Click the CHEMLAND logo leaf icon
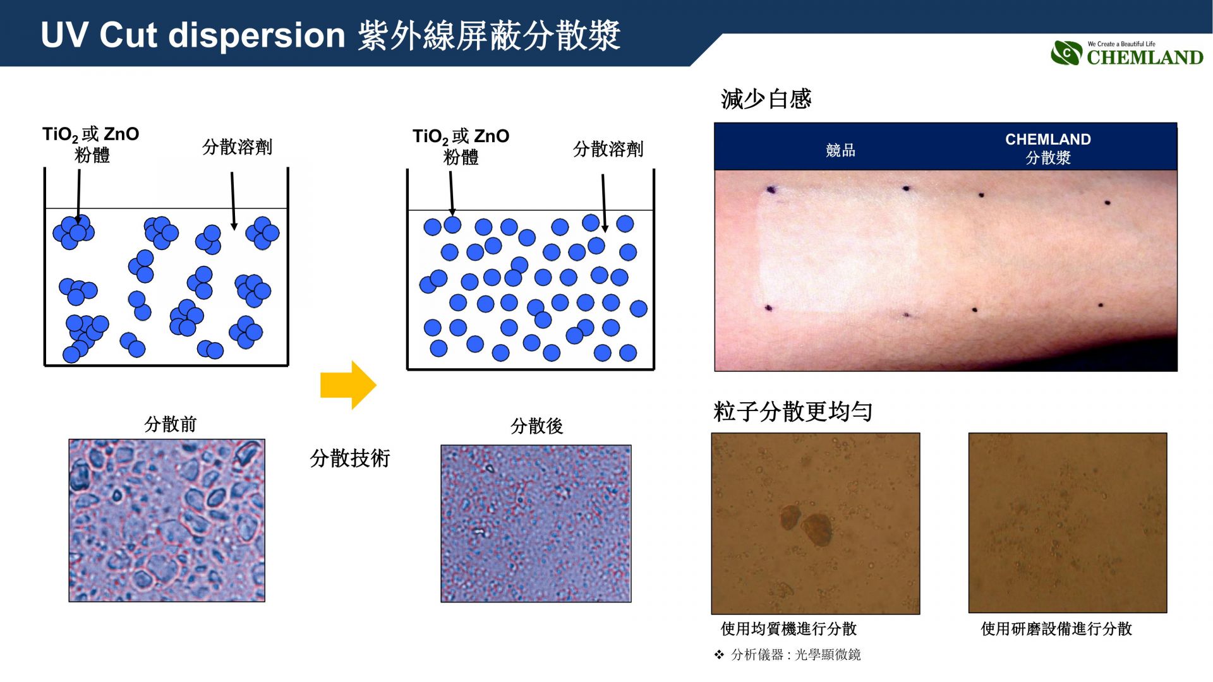[x=1066, y=53]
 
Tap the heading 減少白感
[x=766, y=99]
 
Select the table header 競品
[x=840, y=150]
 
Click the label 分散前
[x=170, y=424]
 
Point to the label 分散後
[x=536, y=426]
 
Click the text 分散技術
[x=350, y=458]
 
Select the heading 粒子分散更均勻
[x=793, y=412]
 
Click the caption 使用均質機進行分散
[x=788, y=628]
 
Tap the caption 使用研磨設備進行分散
[x=1056, y=628]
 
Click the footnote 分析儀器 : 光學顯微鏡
[x=795, y=655]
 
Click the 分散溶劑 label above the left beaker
[x=237, y=147]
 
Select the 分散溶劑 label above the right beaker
[x=608, y=149]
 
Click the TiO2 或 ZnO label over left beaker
[x=90, y=145]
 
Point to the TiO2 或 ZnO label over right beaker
[x=461, y=147]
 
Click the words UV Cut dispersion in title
[x=193, y=35]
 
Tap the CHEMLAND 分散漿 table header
[x=1048, y=148]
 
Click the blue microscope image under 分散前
[x=167, y=520]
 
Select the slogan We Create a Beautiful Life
[x=1121, y=44]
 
